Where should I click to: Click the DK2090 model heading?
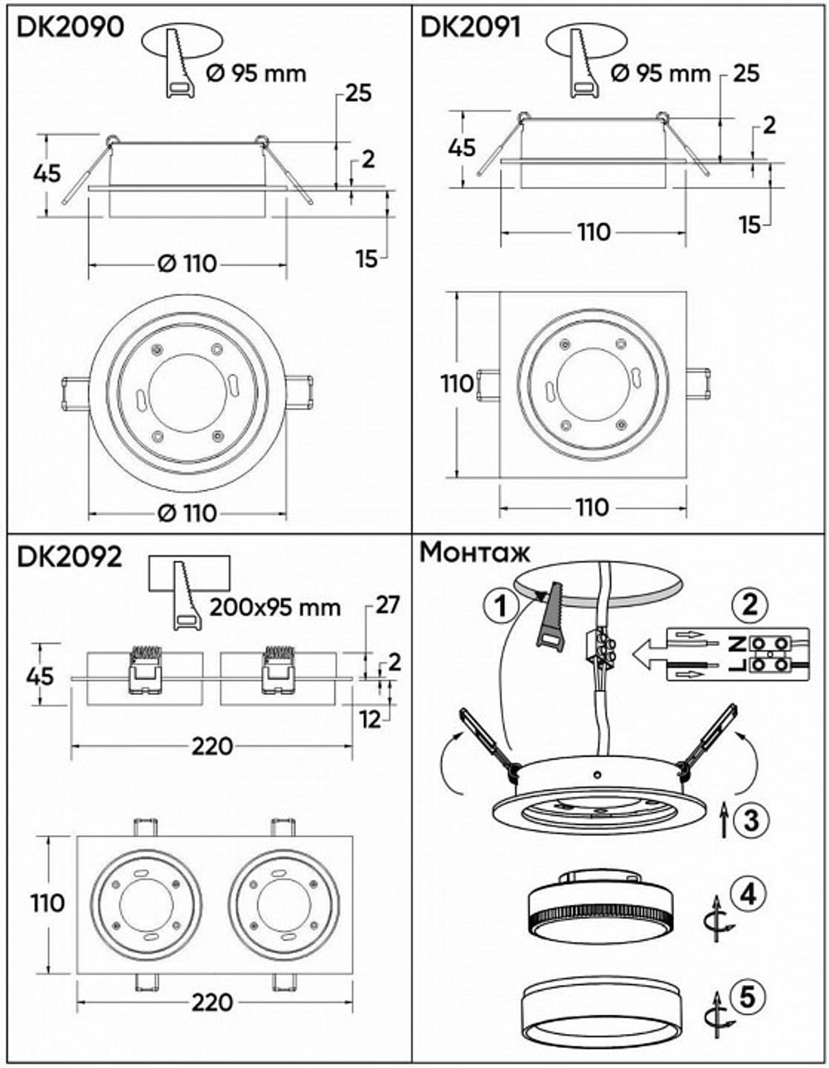click(70, 27)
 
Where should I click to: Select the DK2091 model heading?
click(471, 27)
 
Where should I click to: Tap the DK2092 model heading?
click(70, 556)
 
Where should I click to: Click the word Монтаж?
click(475, 552)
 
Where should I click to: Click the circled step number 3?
click(749, 820)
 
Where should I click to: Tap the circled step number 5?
click(748, 996)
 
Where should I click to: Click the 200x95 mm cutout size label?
click(274, 607)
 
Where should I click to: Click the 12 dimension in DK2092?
click(371, 719)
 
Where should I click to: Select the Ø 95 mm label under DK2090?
click(255, 73)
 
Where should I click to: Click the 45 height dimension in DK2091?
click(461, 148)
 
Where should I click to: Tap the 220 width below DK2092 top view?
click(212, 1002)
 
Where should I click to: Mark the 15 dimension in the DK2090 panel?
click(366, 259)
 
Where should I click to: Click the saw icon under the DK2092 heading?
click(186, 593)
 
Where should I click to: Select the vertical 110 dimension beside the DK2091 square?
click(457, 384)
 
